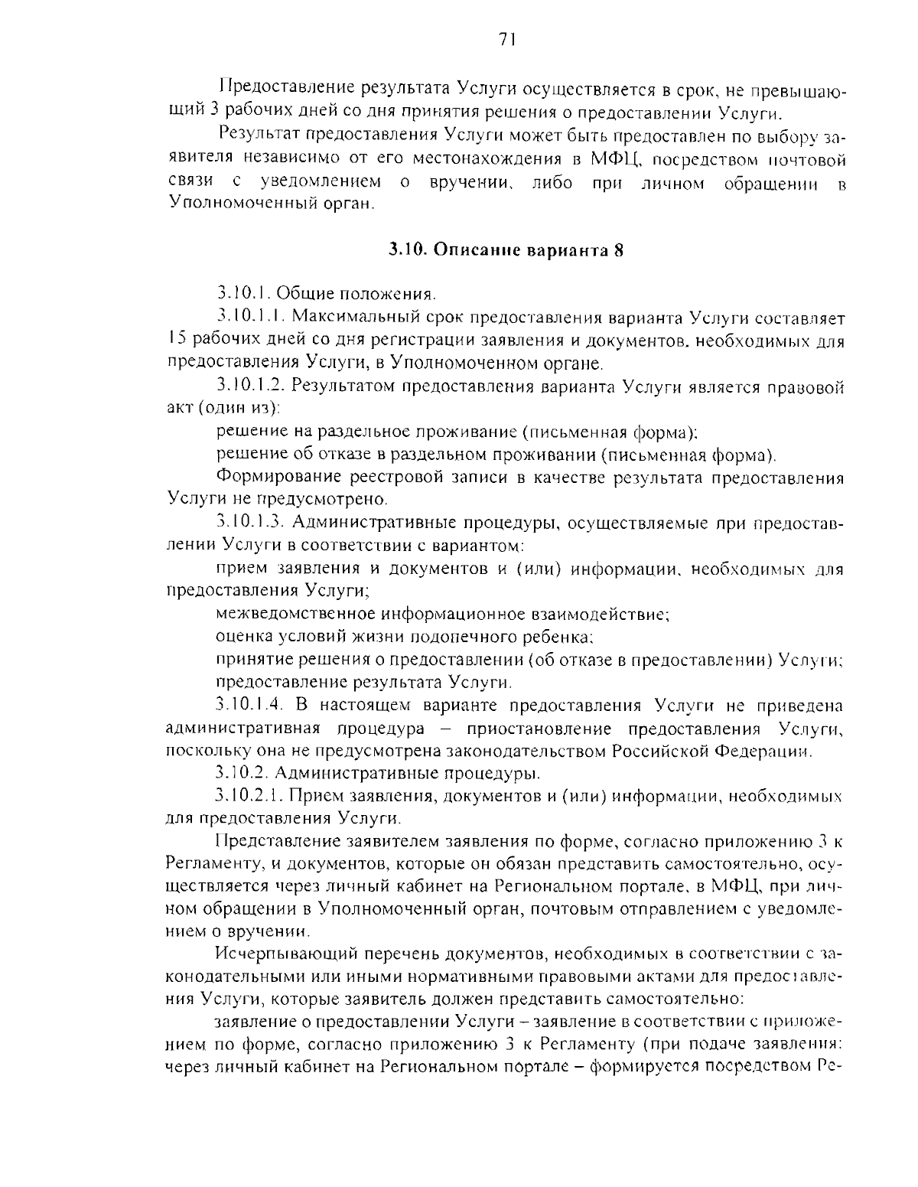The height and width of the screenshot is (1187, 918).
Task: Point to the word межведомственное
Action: coord(295,614)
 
